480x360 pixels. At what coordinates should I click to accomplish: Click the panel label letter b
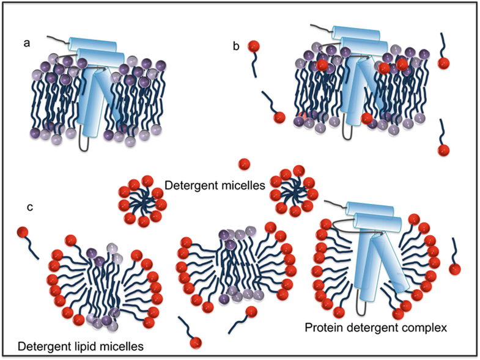(235, 47)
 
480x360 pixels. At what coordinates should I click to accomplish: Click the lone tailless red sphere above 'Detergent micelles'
(243, 163)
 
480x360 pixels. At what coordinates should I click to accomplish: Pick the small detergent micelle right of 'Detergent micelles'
(295, 186)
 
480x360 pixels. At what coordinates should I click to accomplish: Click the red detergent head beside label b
(251, 46)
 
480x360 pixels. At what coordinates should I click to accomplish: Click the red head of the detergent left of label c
(23, 233)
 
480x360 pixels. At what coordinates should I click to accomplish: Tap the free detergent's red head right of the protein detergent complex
(454, 269)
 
